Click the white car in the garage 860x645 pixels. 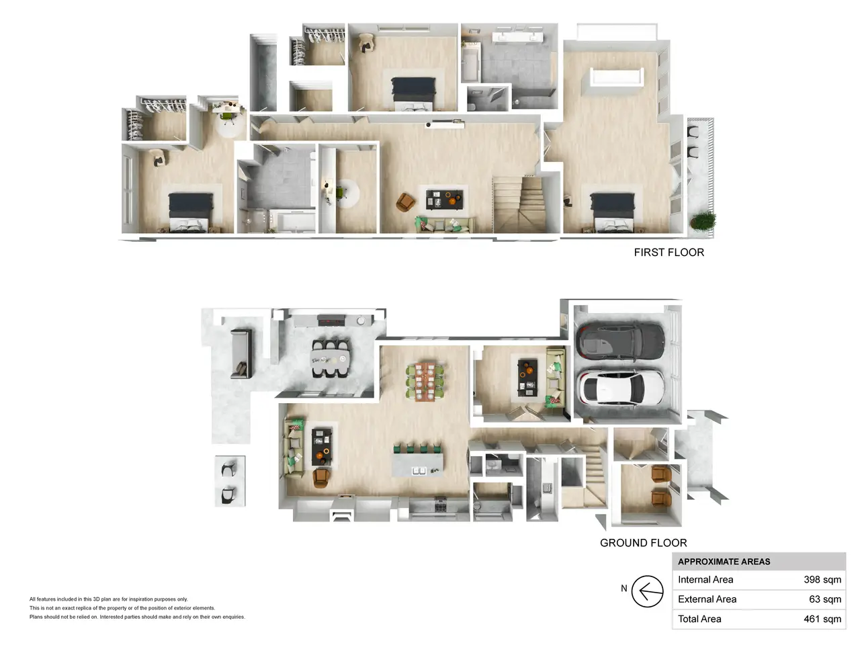point(621,388)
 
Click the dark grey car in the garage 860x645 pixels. point(621,340)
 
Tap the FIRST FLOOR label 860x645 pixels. point(669,253)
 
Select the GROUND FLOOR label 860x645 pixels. point(644,543)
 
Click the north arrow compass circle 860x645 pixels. point(647,591)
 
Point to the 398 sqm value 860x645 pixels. point(822,580)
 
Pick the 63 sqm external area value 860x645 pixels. point(825,599)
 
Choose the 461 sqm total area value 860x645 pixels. point(822,619)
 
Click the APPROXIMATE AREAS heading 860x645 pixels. point(724,562)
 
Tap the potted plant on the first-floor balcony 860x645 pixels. point(702,221)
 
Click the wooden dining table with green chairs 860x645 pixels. point(425,382)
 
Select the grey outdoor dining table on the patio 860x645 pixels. point(330,358)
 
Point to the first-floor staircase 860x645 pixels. point(519,205)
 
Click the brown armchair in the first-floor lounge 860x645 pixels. point(405,202)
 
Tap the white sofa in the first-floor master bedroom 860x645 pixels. point(617,77)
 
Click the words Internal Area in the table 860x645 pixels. point(705,580)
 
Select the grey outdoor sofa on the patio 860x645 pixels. point(241,354)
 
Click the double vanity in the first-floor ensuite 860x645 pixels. point(517,37)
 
